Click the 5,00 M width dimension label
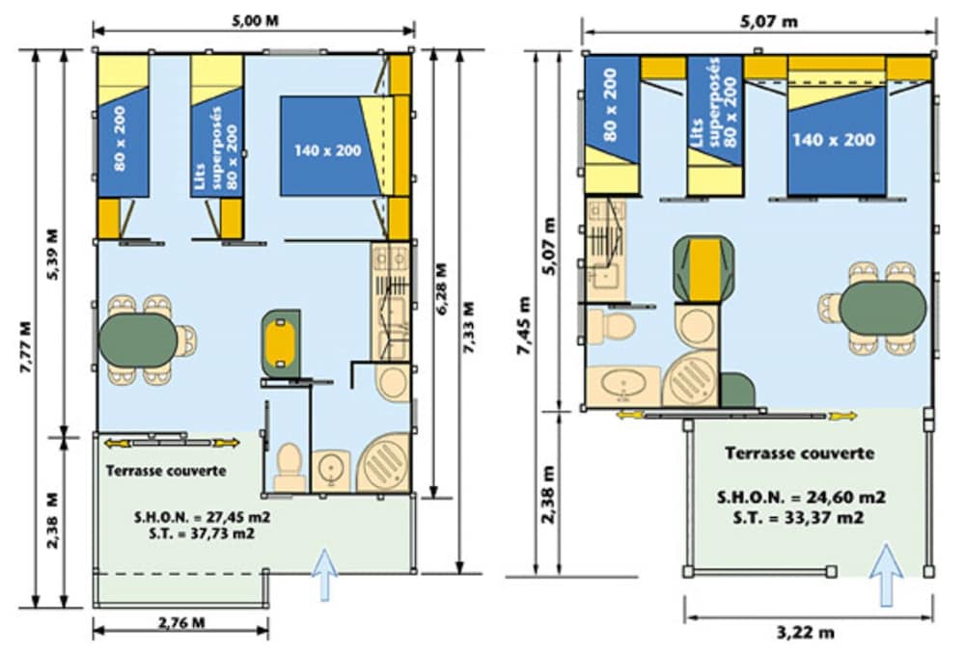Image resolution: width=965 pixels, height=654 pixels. pos(255,20)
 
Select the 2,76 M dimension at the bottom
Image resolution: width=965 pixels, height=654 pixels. pos(181,622)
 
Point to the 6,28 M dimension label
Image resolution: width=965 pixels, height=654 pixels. pos(442,289)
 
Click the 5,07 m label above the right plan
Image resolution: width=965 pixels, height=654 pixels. pos(769,22)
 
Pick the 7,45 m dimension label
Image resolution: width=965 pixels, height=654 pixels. pos(524,325)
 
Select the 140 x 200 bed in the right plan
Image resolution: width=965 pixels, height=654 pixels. pos(837,140)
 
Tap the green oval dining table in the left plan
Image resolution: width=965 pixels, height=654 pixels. pos(138,340)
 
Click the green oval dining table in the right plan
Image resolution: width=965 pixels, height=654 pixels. pos(882,308)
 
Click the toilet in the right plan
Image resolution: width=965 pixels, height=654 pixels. pos(612,325)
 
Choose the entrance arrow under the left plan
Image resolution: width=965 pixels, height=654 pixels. pos(324,575)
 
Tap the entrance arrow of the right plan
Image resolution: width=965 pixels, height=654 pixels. pos(886,575)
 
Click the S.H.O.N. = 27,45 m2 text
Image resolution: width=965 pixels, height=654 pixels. pos(203,516)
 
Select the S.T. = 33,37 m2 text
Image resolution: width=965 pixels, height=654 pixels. pos(798,518)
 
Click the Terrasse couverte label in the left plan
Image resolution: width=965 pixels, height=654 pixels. pos(166,471)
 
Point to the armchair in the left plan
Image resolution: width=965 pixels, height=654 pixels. pos(281,343)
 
